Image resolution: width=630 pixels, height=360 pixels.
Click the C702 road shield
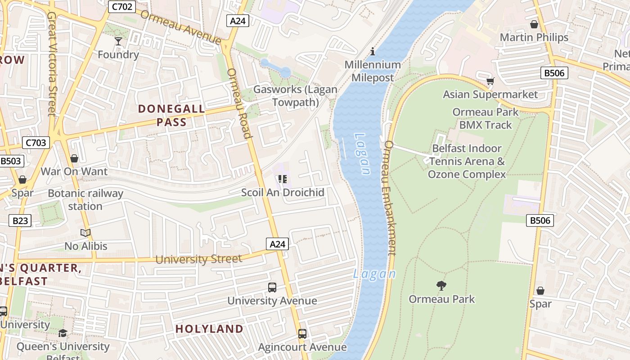point(122,6)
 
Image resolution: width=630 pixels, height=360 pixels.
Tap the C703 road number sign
point(36,143)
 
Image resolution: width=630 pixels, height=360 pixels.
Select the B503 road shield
point(11,161)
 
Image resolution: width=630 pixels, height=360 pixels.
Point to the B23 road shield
point(20,220)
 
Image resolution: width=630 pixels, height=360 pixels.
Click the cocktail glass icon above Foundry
point(118,41)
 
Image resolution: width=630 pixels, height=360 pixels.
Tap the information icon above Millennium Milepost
point(373,52)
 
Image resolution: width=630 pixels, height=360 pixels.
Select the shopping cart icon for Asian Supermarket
point(490,81)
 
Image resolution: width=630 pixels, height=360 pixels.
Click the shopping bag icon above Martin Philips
point(534,24)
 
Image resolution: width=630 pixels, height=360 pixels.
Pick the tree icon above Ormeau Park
point(441,285)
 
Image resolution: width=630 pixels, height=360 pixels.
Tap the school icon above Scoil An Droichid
point(283,179)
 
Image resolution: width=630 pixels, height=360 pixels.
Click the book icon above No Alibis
point(85,233)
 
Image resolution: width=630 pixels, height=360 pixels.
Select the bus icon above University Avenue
point(272,287)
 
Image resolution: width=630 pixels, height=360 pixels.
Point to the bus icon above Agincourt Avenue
point(302,334)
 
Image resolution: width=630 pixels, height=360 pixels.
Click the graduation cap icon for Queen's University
point(63,333)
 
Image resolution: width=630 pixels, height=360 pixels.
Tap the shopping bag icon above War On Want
point(74,158)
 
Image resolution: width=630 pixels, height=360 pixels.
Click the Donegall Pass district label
point(171,115)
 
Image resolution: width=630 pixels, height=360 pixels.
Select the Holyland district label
point(209,329)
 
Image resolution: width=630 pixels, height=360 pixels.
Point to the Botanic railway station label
point(85,200)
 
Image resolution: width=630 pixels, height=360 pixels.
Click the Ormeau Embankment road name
point(390,198)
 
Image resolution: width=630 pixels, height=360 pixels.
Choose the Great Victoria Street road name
point(52,63)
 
